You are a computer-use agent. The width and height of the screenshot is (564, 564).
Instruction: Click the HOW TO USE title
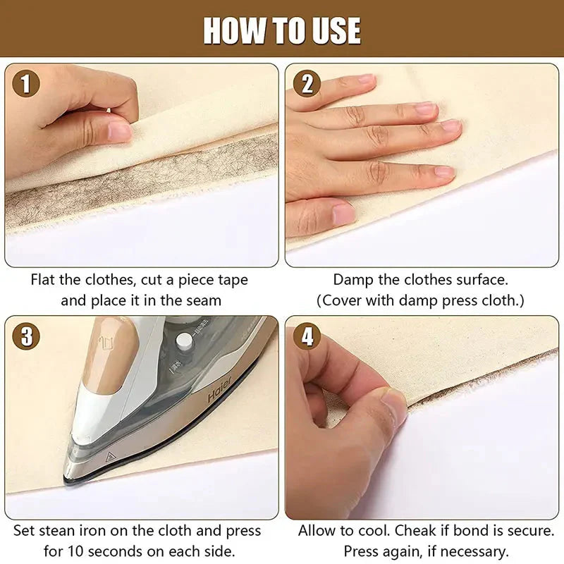282,30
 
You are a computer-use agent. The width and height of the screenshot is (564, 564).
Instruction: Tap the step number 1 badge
25,85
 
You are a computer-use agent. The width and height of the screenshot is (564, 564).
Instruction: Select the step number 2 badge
307,85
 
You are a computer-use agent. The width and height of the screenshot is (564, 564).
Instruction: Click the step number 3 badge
25,336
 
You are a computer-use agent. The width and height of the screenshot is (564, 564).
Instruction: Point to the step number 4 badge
307,336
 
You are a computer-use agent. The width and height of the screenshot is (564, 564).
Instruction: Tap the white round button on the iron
185,341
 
